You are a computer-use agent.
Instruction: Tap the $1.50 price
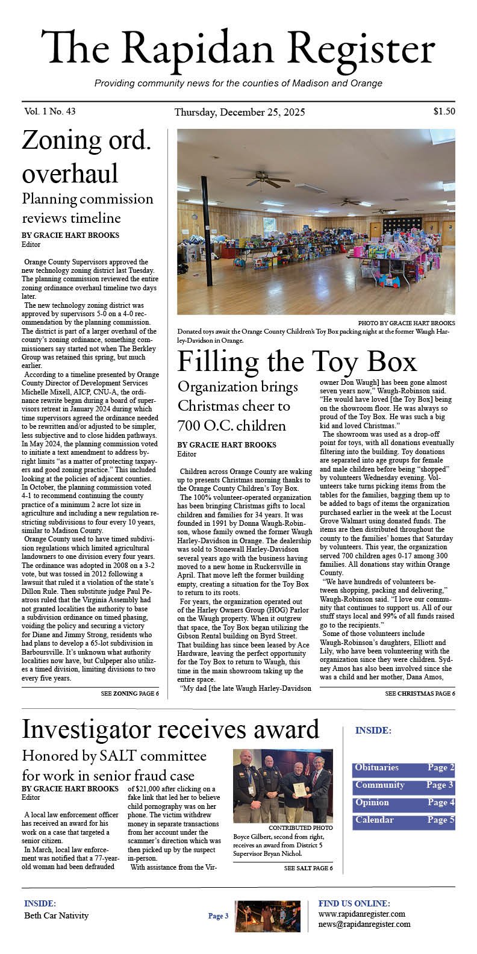pyautogui.click(x=444, y=111)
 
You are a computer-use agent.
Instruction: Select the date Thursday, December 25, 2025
pyautogui.click(x=239, y=112)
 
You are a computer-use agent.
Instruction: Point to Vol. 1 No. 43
pyautogui.click(x=50, y=111)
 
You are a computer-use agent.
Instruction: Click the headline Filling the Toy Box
pyautogui.click(x=297, y=361)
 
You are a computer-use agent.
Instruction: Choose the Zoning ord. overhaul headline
pyautogui.click(x=87, y=157)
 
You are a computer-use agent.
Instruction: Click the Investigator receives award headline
pyautogui.click(x=170, y=729)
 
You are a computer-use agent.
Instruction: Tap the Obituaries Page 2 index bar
pyautogui.click(x=404, y=768)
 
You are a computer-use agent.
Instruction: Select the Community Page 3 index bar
pyautogui.click(x=404, y=786)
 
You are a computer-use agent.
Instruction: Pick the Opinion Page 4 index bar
pyautogui.click(x=404, y=803)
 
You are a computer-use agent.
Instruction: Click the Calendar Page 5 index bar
pyautogui.click(x=404, y=821)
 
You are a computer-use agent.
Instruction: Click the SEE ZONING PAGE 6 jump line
pyautogui.click(x=129, y=694)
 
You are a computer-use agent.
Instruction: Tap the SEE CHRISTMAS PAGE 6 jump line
pyautogui.click(x=420, y=694)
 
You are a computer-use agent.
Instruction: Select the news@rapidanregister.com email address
pyautogui.click(x=364, y=924)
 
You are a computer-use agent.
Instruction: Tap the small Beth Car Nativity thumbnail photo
pyautogui.click(x=260, y=917)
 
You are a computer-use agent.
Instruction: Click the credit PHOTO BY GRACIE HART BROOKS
pyautogui.click(x=407, y=323)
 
